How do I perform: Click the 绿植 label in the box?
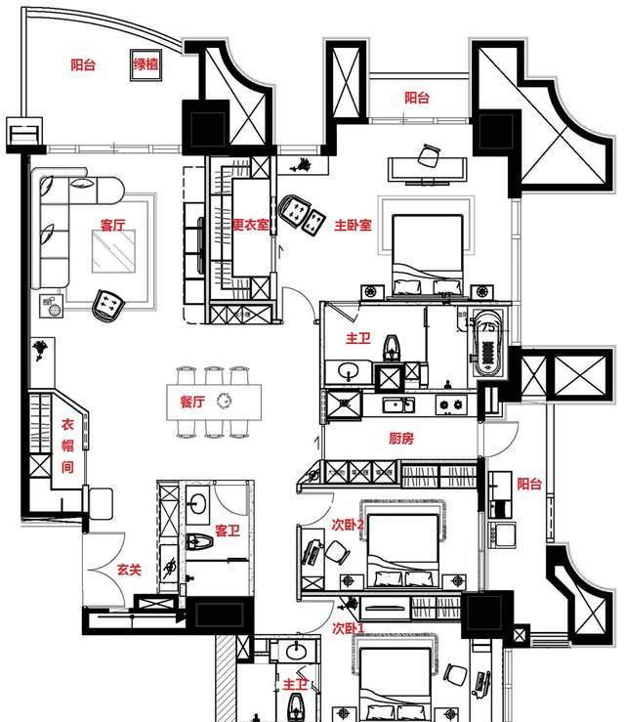[147, 66]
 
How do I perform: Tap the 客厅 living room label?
[112, 225]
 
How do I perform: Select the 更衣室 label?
[250, 225]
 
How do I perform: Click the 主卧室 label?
[353, 225]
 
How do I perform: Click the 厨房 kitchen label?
[400, 439]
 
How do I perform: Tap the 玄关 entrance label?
[131, 569]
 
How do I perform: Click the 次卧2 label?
[347, 524]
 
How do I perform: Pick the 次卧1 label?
[347, 627]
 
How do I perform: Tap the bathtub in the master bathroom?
[486, 342]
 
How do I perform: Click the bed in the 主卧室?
[427, 252]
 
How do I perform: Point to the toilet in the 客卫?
[193, 543]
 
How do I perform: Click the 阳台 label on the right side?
[529, 483]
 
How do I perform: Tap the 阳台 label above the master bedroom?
[417, 98]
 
